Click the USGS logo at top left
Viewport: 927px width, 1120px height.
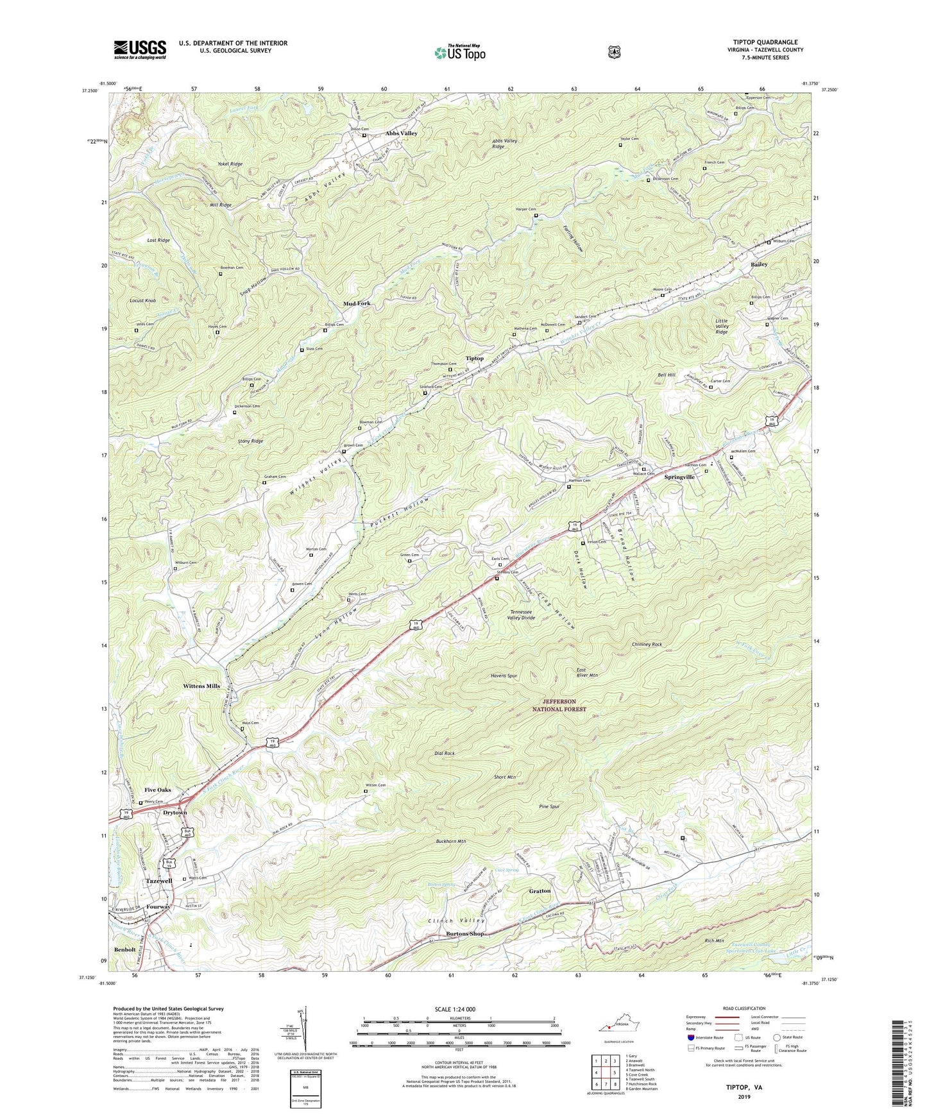point(140,49)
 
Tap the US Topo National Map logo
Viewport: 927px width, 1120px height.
point(459,52)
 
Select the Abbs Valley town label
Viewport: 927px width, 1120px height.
point(401,133)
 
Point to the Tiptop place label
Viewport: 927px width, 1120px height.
point(474,359)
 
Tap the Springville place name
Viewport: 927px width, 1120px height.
point(679,477)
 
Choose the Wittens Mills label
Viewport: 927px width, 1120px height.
point(201,686)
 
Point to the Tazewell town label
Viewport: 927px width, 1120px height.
point(159,881)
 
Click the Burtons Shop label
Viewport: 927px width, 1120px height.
point(465,933)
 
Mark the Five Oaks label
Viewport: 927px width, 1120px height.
point(158,790)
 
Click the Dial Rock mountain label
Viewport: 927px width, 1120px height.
point(441,753)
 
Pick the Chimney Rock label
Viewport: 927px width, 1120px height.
point(647,644)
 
